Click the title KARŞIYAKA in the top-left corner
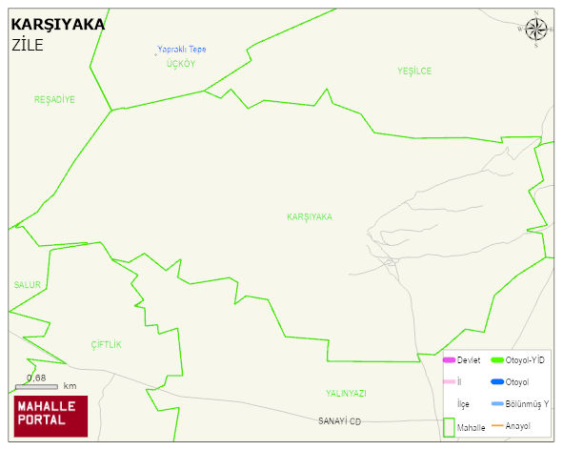[x=57, y=24]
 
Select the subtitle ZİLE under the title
[x=28, y=45]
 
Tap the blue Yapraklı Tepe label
[x=182, y=50]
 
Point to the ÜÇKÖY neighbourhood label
[x=180, y=63]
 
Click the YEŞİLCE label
[x=414, y=72]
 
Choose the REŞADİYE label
[x=54, y=99]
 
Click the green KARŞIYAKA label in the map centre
[x=310, y=217]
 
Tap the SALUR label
[x=28, y=285]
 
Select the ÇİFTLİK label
[x=107, y=344]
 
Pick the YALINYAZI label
[x=346, y=393]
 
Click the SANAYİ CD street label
[x=340, y=421]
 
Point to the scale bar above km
[x=37, y=386]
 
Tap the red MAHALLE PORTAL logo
[x=50, y=416]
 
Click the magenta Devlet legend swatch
[x=449, y=360]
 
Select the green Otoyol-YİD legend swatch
[x=496, y=360]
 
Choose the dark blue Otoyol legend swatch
[x=496, y=382]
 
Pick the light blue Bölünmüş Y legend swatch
[x=496, y=404]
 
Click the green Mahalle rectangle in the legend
[x=449, y=426]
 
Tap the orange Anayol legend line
[x=496, y=425]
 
